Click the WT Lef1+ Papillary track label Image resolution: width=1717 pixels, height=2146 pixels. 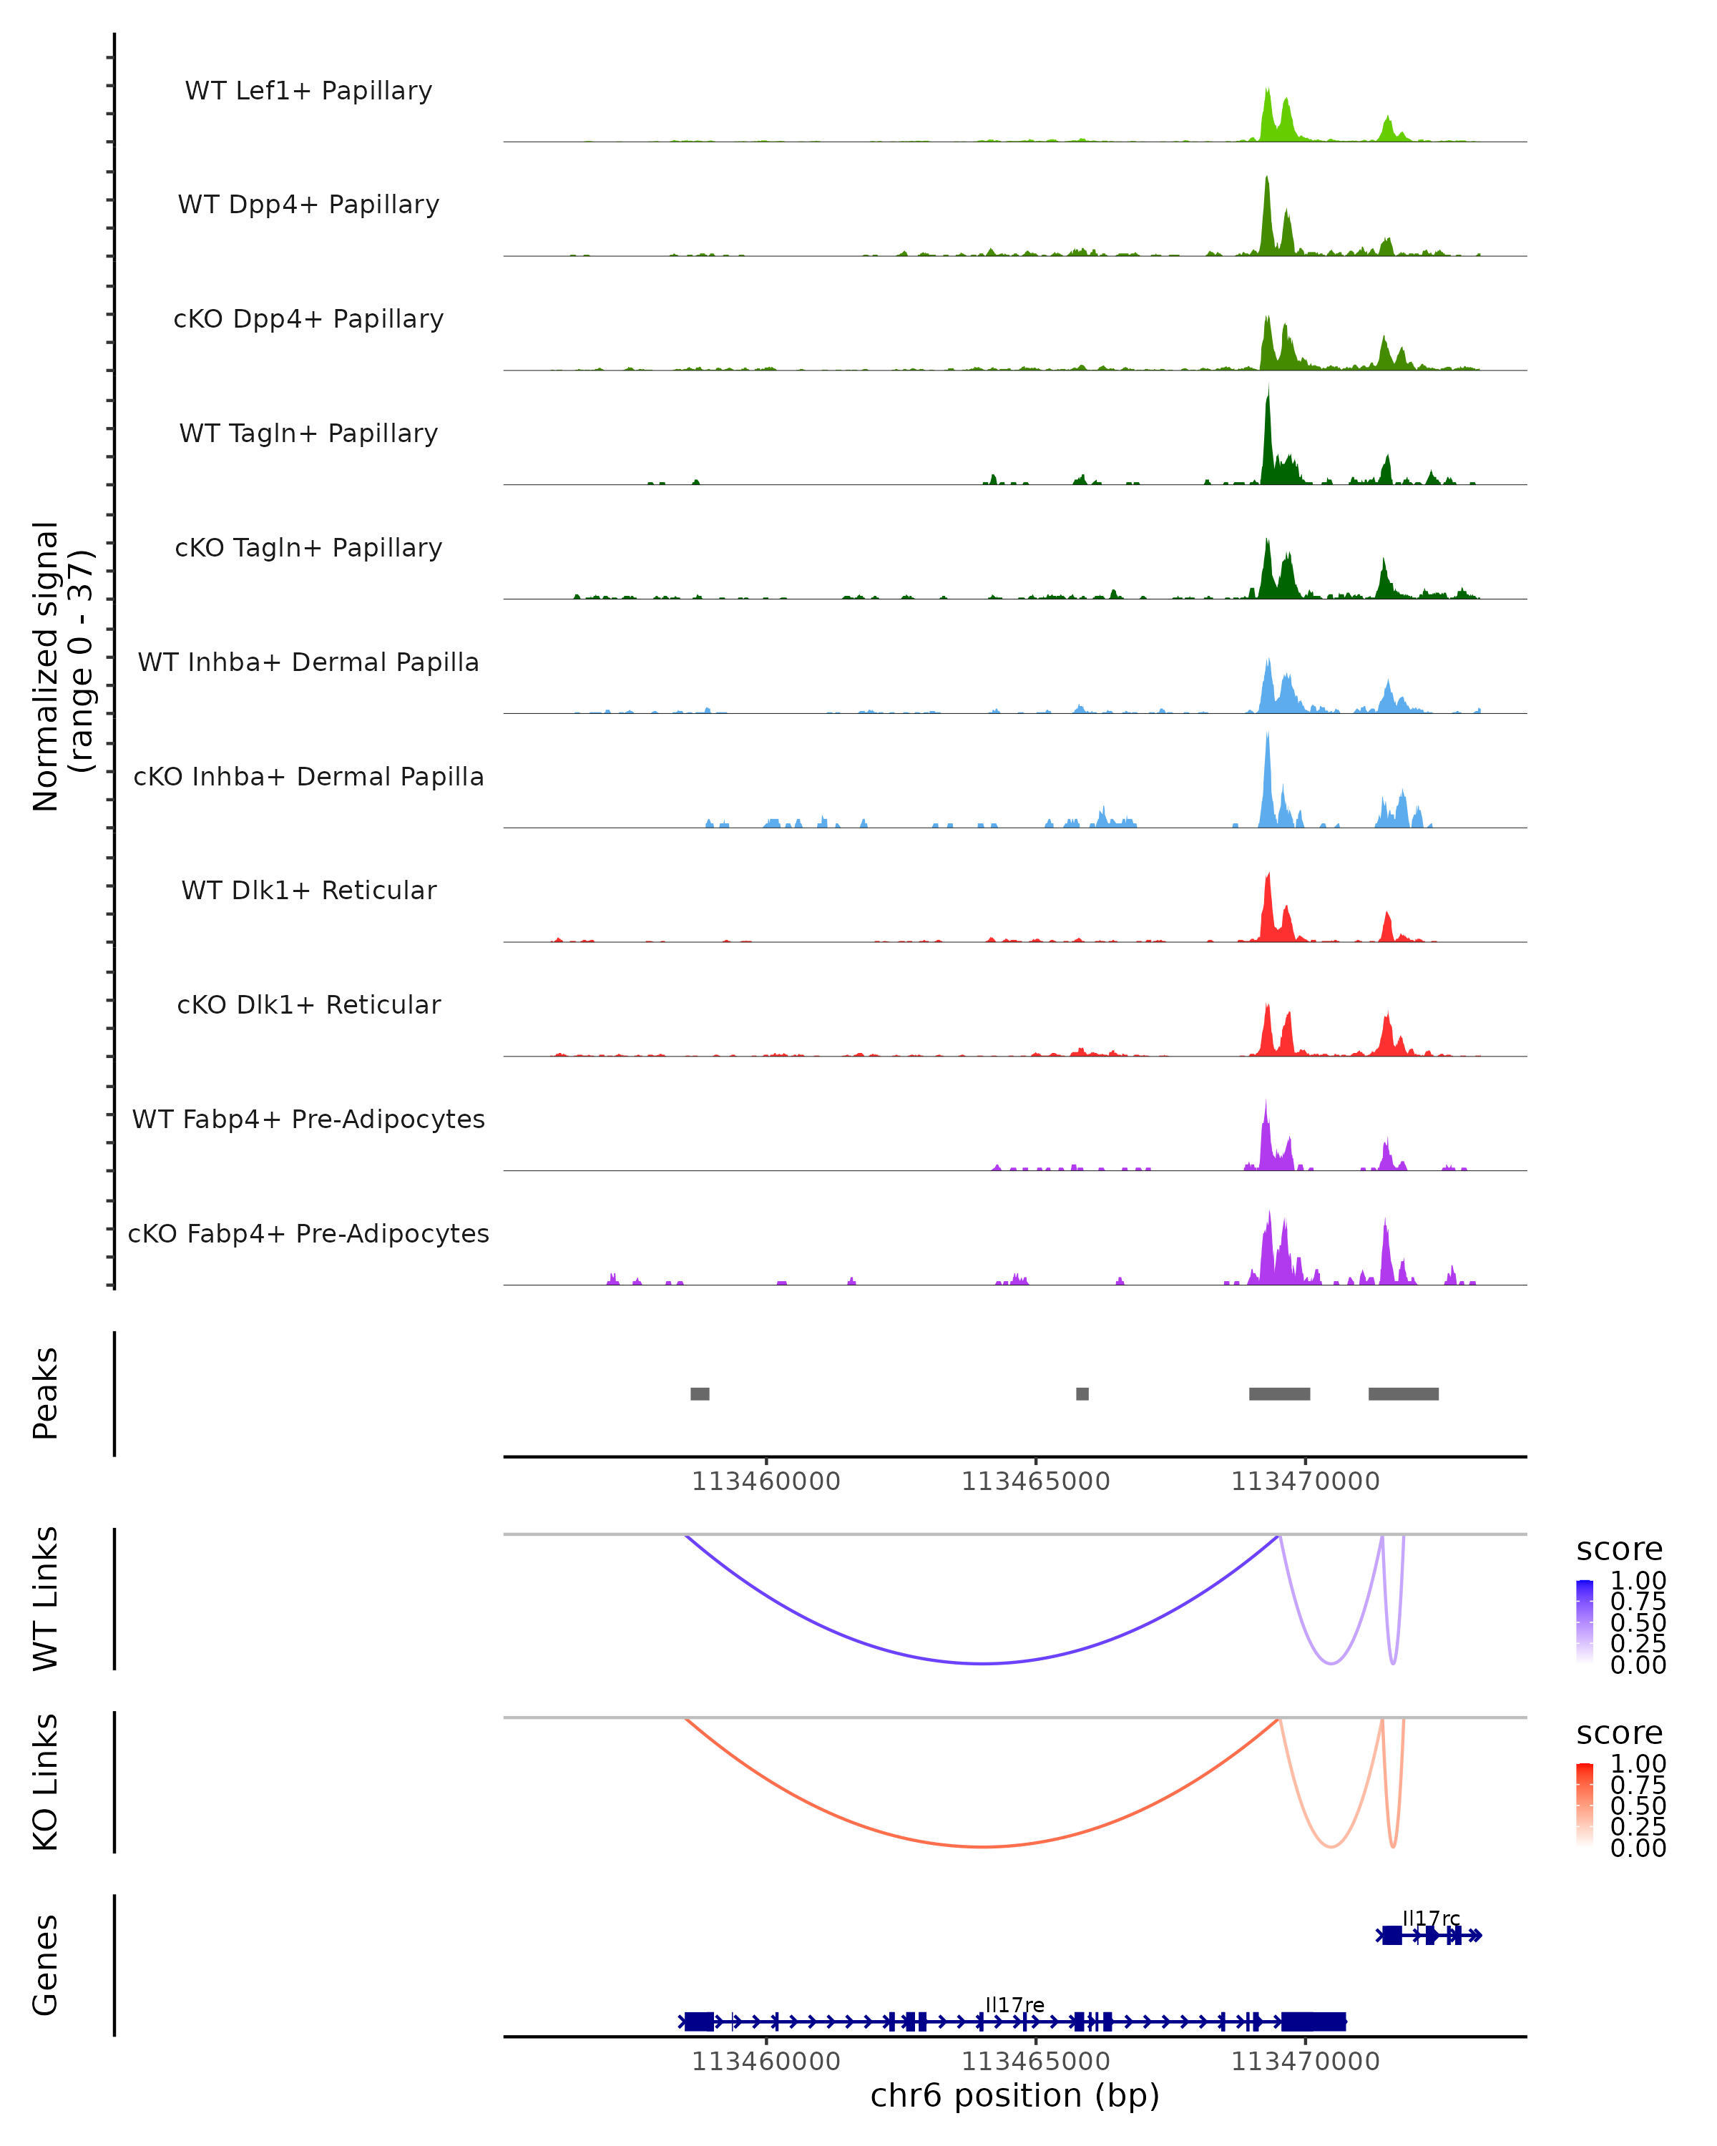308,91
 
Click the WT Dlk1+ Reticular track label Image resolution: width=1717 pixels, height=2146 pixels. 308,891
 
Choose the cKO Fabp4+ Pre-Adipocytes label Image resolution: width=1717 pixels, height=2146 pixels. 308,1234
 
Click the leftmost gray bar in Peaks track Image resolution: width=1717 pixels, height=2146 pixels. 700,1393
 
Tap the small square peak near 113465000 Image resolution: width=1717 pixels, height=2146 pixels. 1082,1393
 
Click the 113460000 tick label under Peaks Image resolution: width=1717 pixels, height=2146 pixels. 765,1482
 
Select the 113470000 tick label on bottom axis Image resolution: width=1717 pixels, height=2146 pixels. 1305,2062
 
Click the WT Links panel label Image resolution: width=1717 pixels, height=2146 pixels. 46,1599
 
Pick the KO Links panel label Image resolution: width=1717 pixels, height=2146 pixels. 46,1782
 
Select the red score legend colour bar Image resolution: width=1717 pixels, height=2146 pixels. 1585,1805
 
